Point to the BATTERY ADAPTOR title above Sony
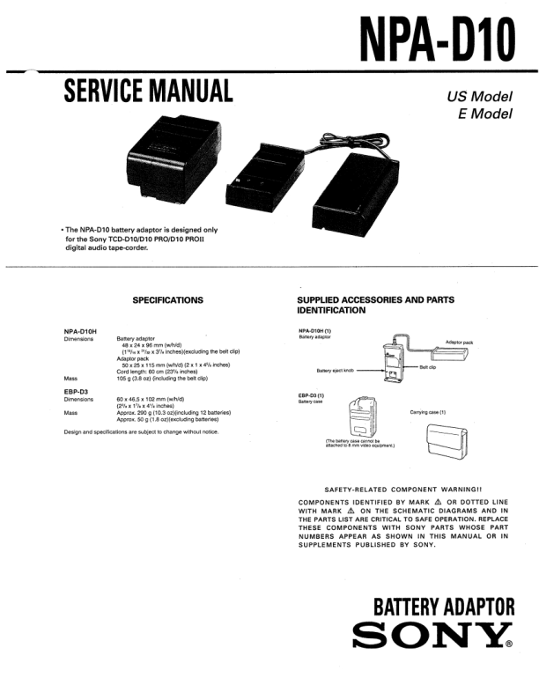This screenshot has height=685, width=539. [x=444, y=608]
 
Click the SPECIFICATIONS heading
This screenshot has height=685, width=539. [x=167, y=300]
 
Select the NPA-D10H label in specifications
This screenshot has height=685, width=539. [x=80, y=330]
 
